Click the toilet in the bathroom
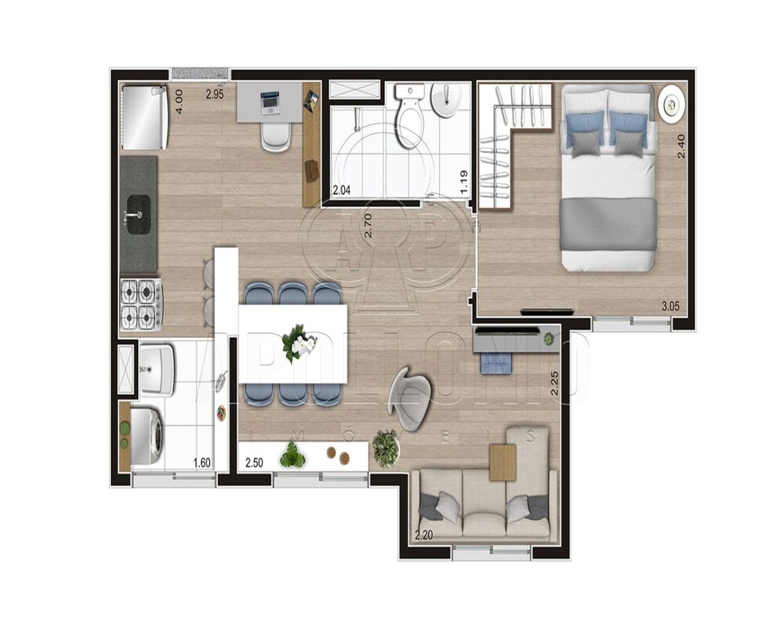[x=408, y=119]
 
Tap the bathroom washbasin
[x=448, y=100]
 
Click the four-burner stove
[x=141, y=304]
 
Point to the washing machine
[x=146, y=434]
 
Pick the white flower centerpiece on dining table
[x=299, y=343]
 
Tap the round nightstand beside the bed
[x=672, y=103]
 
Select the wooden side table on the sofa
[x=503, y=462]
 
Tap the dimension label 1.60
[x=201, y=463]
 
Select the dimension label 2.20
[x=423, y=536]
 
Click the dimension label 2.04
[x=342, y=190]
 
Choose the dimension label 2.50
[x=254, y=463]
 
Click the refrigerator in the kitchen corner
[x=144, y=117]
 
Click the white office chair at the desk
[x=275, y=136]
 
